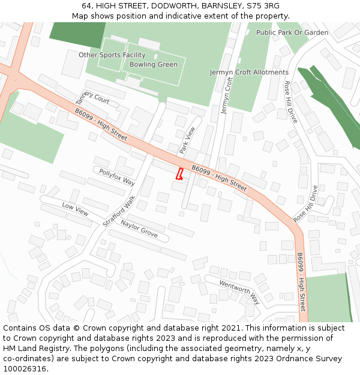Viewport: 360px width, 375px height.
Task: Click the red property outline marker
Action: [179, 174]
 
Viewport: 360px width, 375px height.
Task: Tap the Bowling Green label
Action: [153, 64]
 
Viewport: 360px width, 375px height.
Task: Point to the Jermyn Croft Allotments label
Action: [249, 72]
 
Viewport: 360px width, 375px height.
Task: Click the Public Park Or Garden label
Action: [292, 32]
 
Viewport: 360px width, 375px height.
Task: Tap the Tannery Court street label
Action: [92, 97]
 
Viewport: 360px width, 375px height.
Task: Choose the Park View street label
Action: [187, 139]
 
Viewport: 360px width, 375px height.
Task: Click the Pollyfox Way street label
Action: [117, 177]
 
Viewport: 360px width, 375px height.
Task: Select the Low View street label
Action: [75, 209]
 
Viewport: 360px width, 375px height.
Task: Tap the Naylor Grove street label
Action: [139, 228]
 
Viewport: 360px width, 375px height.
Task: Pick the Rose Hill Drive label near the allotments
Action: [290, 102]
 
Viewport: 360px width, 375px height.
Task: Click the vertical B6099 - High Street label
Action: [301, 282]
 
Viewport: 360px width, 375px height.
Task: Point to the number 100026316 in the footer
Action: [25, 368]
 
